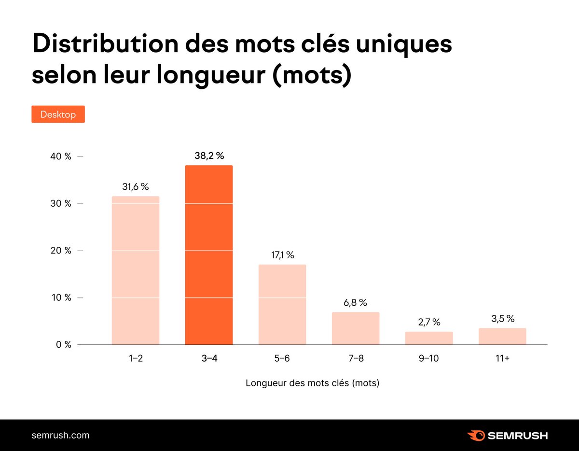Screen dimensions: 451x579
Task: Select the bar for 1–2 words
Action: tap(135, 270)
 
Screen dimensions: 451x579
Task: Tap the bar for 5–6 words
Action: tap(282, 305)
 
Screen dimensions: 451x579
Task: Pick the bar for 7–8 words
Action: tap(356, 328)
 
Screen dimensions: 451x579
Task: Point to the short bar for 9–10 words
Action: tap(429, 338)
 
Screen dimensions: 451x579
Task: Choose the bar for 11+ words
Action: tap(502, 337)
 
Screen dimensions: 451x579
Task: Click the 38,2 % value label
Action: tap(209, 156)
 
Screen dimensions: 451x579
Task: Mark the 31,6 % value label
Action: tap(135, 187)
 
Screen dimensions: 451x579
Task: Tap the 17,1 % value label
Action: tap(282, 255)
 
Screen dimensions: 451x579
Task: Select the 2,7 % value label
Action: tap(429, 322)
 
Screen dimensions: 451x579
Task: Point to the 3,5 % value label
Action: tap(502, 319)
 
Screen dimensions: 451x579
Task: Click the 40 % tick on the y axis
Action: tap(62, 156)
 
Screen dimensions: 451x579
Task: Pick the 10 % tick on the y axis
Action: tap(62, 298)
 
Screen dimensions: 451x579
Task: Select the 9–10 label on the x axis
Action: tap(429, 358)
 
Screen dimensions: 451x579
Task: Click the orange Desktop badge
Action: tap(58, 114)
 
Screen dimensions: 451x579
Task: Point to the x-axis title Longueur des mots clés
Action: tap(312, 383)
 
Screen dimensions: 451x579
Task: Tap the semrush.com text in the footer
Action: tap(60, 435)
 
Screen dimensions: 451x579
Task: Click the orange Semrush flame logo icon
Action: tap(476, 435)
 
